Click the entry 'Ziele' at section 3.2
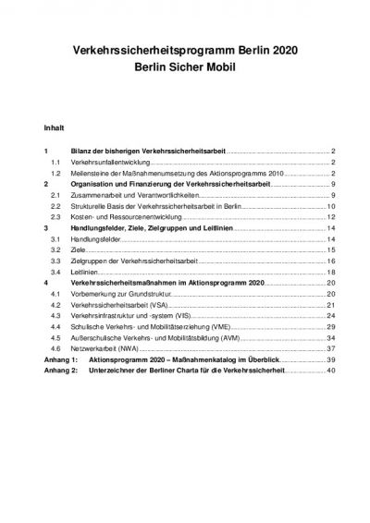pyautogui.click(x=78, y=249)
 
